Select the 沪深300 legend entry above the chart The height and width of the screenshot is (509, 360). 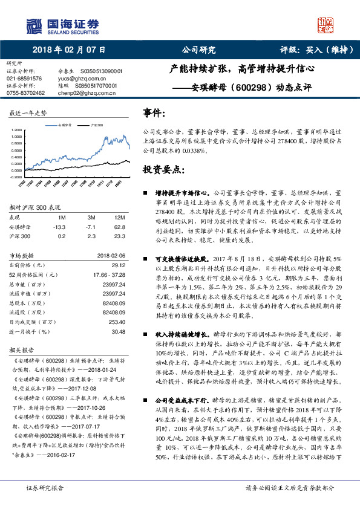pyautogui.click(x=95, y=125)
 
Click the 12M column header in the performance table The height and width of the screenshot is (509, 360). pyautogui.click(x=120, y=217)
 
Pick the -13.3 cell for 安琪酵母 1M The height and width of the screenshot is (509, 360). pyautogui.click(x=59, y=227)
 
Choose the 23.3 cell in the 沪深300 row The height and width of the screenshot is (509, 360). pyautogui.click(x=119, y=236)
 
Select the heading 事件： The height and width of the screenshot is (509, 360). pyautogui.click(x=154, y=113)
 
